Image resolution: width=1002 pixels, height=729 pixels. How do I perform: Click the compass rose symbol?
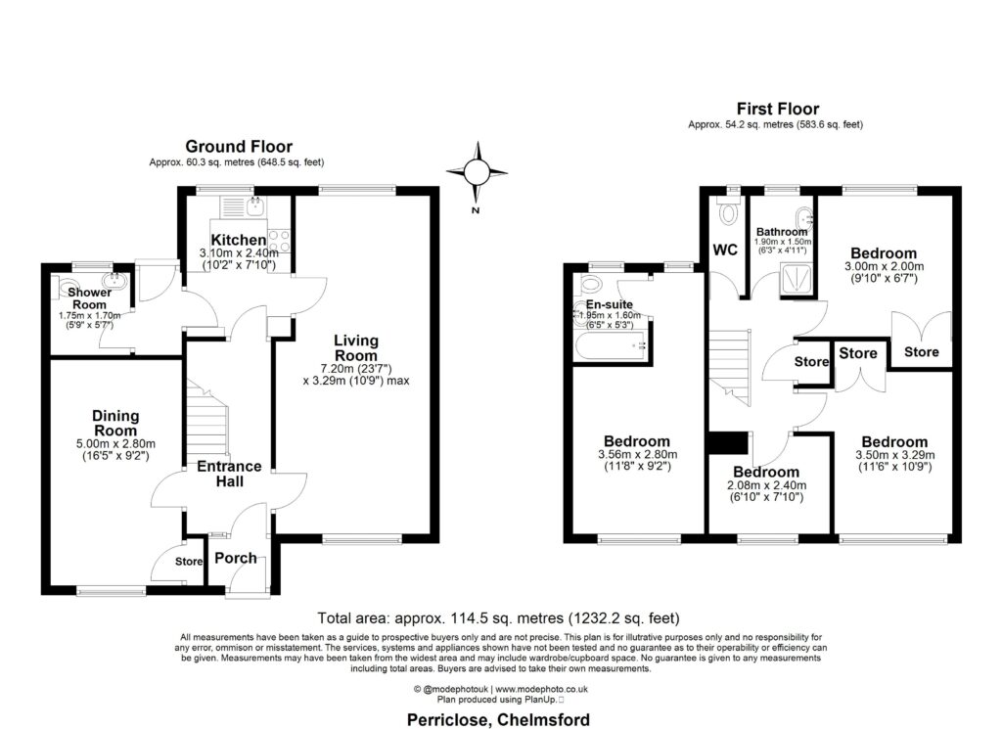pyautogui.click(x=476, y=173)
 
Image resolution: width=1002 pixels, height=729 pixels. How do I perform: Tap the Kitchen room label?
pyautogui.click(x=239, y=240)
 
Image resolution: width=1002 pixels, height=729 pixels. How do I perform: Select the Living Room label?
pyautogui.click(x=356, y=348)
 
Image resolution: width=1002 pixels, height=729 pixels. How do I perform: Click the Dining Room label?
pyautogui.click(x=114, y=423)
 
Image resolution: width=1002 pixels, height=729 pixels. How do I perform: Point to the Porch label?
pyautogui.click(x=236, y=559)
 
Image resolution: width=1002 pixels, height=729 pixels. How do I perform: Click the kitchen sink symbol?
pyautogui.click(x=257, y=205)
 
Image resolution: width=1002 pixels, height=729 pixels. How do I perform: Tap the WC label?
pyautogui.click(x=725, y=251)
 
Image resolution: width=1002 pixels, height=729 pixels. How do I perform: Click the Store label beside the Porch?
pyautogui.click(x=187, y=562)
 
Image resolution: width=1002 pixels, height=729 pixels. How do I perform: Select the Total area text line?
pyautogui.click(x=498, y=618)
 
